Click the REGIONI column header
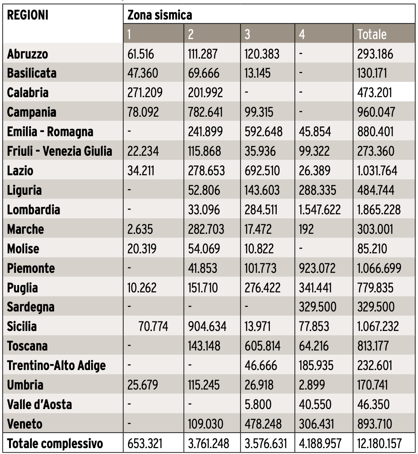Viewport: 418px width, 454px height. point(28,15)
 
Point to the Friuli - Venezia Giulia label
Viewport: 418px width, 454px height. point(60,151)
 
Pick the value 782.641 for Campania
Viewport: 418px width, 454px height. point(205,112)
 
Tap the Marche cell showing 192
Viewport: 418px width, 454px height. point(307,229)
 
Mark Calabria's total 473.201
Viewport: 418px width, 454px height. point(376,93)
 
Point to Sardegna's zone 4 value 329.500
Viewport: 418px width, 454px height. point(318,307)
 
